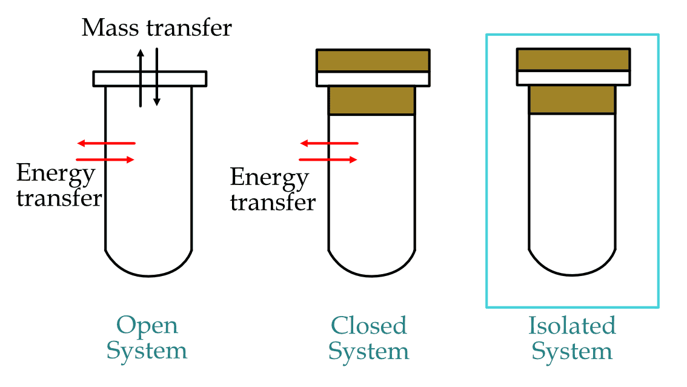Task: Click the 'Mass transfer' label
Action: coord(156,28)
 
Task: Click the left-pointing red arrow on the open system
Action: coord(106,143)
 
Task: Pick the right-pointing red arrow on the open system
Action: coord(106,160)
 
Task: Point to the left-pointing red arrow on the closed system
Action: coord(329,143)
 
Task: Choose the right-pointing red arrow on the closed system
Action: coord(329,160)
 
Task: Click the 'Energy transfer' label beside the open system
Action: coord(58,186)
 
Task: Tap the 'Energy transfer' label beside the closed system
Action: coord(272,190)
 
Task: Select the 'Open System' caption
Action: coord(147,338)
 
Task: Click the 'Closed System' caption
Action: coord(368,338)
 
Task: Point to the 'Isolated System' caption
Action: coord(572,338)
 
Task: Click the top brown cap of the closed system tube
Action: coord(373,60)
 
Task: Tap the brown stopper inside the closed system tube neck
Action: coord(372,100)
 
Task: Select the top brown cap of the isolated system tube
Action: coord(573,59)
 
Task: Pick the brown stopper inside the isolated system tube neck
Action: coord(572,99)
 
